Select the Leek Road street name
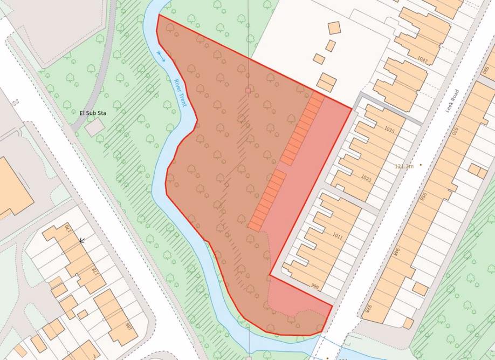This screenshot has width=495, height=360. click(x=452, y=100)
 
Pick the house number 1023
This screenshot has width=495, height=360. click(x=367, y=178)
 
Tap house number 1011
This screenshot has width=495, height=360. click(x=338, y=236)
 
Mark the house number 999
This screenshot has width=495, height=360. click(x=315, y=286)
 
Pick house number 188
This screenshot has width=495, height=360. click(x=128, y=328)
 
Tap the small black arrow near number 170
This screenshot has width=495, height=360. click(x=82, y=241)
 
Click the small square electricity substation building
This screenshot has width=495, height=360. click(x=94, y=127)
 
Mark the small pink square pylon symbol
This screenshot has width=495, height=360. click(x=247, y=91)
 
